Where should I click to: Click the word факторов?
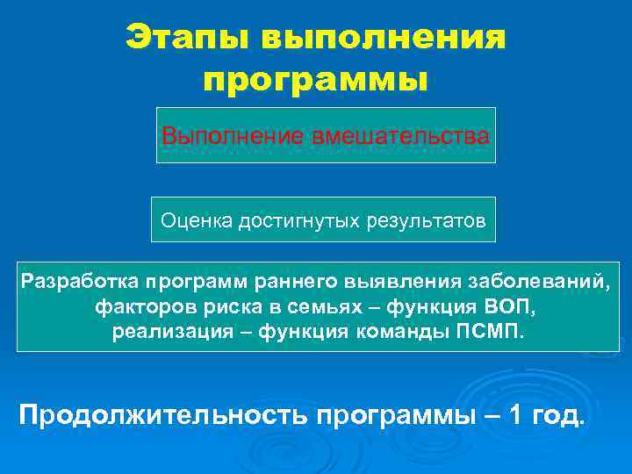tap(139, 307)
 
